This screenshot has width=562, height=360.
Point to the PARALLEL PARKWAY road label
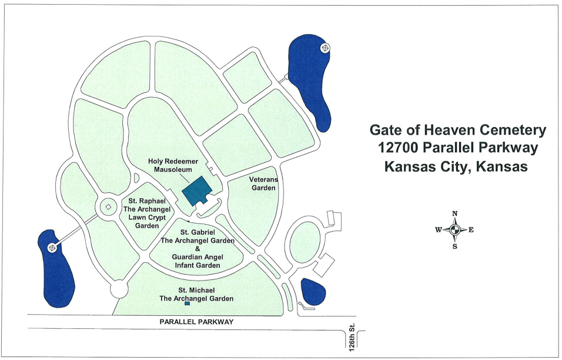[x=197, y=322]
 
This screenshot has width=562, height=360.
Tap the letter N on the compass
[x=454, y=214]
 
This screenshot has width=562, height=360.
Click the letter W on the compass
[x=439, y=231]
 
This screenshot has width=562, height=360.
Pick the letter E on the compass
[x=471, y=231]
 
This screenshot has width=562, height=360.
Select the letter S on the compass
[x=454, y=247]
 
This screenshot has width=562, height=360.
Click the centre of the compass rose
[x=454, y=231]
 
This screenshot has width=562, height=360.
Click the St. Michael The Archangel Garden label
[x=197, y=294]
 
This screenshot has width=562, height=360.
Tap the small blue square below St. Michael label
[x=187, y=304]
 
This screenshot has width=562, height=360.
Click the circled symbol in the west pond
[x=53, y=248]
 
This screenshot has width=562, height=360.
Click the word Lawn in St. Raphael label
[x=132, y=218]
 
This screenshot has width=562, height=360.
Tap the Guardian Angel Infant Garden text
[x=196, y=261]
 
